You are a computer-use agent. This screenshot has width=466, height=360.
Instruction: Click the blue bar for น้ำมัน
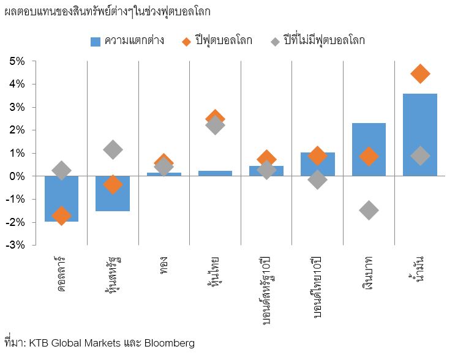click(x=420, y=135)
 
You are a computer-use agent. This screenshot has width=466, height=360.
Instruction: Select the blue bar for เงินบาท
click(x=369, y=149)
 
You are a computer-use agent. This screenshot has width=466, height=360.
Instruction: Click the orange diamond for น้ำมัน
click(x=420, y=74)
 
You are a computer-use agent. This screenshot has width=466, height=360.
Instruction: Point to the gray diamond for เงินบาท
click(x=369, y=210)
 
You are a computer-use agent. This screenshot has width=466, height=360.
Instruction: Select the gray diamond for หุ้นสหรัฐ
click(x=113, y=149)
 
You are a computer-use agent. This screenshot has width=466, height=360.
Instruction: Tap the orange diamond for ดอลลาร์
click(x=61, y=216)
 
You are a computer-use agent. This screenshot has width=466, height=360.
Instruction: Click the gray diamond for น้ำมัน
click(x=420, y=156)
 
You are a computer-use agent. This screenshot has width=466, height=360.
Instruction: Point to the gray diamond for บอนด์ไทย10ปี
click(x=317, y=179)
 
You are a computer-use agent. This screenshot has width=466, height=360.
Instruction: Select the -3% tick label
click(x=15, y=245)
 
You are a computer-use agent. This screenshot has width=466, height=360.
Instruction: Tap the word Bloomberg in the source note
click(x=170, y=343)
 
